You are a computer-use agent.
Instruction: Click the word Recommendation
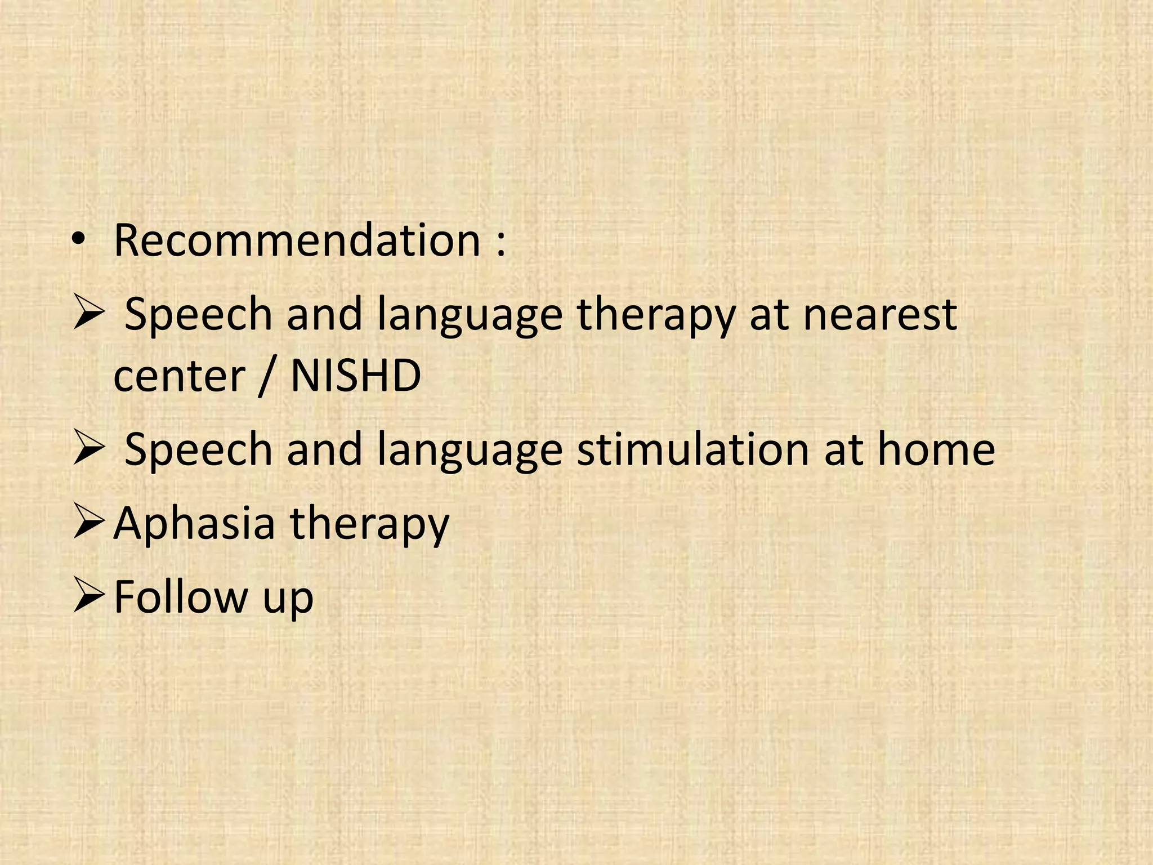point(297,240)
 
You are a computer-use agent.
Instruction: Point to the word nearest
point(880,315)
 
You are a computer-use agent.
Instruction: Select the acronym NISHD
point(355,376)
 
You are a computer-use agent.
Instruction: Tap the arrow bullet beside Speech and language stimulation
point(88,448)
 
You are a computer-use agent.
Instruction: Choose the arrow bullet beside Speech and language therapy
point(88,314)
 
